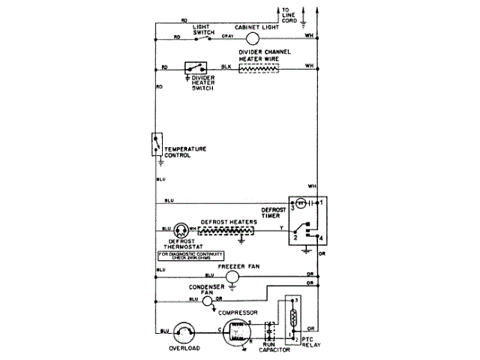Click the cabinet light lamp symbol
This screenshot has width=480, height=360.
(x=252, y=37)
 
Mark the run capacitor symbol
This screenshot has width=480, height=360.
(x=269, y=331)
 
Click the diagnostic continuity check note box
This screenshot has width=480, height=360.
(x=187, y=255)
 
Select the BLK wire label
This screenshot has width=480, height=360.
(x=225, y=65)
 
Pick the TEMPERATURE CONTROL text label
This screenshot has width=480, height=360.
(x=184, y=152)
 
